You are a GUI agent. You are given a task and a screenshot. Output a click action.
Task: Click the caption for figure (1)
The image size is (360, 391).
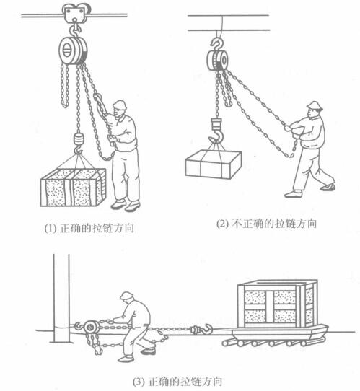click(89, 228)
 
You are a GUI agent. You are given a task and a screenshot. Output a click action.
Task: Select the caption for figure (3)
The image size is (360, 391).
click(177, 382)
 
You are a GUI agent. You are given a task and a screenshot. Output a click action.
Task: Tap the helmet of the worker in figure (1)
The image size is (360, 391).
click(120, 105)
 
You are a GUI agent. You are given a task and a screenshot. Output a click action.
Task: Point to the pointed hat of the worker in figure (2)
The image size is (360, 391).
click(315, 105)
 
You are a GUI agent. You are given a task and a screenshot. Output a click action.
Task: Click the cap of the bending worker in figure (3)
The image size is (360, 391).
click(127, 295)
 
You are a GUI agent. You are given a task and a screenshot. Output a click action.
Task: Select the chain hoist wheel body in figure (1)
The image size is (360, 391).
click(73, 50)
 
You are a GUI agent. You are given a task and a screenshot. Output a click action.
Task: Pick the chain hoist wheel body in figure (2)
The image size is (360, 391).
click(217, 60)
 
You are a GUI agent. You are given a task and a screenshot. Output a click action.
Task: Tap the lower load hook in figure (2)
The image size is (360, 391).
click(216, 131)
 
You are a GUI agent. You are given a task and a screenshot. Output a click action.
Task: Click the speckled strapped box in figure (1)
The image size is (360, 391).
click(74, 188)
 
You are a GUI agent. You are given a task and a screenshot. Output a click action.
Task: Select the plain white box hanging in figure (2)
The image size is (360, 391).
click(214, 164)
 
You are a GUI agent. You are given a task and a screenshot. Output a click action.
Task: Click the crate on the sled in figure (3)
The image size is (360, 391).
click(277, 304)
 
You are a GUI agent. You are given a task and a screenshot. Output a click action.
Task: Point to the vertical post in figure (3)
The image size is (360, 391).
click(61, 298)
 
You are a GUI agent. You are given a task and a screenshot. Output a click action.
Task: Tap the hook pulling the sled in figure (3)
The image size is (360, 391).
click(203, 330)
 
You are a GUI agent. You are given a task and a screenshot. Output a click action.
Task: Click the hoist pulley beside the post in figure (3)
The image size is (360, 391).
click(91, 328)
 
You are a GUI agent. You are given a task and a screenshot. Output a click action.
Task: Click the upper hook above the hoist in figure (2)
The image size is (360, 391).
click(217, 44)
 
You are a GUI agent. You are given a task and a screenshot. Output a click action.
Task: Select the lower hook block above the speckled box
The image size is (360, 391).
click(79, 143)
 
